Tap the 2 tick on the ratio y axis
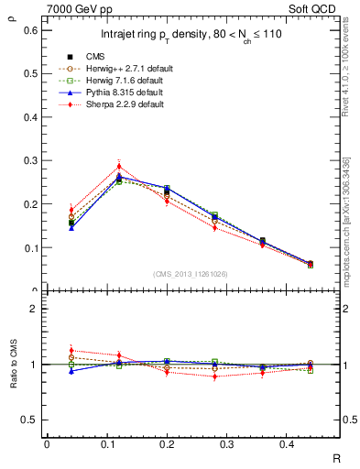[x=35, y=309]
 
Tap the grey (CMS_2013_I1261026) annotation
[x=191, y=274]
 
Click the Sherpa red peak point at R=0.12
[x=119, y=166]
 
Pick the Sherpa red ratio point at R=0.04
[x=71, y=351]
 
